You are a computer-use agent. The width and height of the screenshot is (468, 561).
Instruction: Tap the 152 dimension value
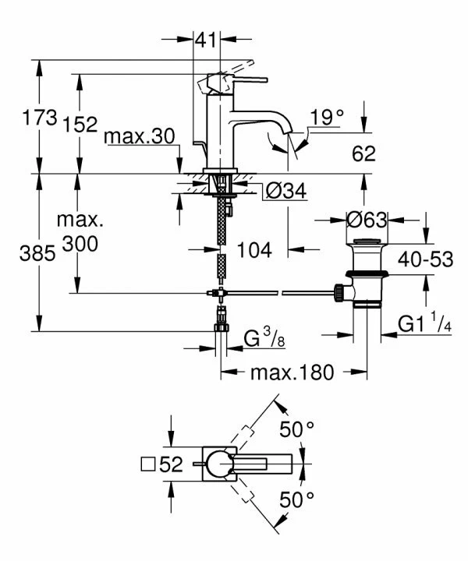click(x=81, y=124)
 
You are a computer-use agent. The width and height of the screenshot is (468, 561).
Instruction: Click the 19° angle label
click(x=327, y=118)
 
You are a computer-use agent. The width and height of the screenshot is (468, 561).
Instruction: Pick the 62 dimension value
click(x=364, y=153)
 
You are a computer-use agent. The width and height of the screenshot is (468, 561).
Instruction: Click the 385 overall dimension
click(x=38, y=253)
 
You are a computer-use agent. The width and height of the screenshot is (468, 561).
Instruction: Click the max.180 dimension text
click(x=291, y=372)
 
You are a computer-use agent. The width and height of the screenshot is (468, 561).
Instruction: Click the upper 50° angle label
click(x=296, y=429)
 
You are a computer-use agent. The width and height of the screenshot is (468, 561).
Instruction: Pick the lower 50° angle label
click(x=296, y=498)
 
